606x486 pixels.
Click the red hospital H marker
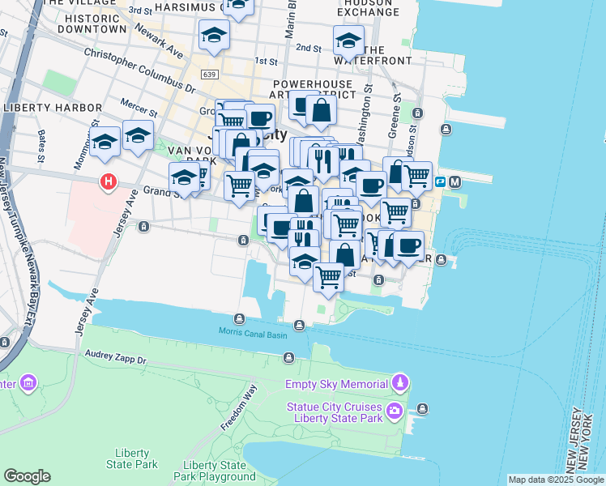click(107, 182)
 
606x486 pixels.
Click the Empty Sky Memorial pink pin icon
click(399, 382)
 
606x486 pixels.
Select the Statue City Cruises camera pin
click(394, 410)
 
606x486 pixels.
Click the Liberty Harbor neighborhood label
click(53, 108)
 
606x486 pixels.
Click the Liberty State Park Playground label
click(215, 471)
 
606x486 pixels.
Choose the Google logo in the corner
click(27, 476)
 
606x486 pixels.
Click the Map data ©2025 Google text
click(555, 480)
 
